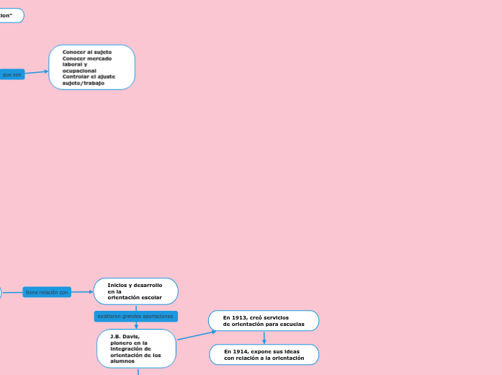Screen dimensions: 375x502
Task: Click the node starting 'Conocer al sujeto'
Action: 91,67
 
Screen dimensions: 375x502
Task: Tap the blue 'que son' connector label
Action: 12,74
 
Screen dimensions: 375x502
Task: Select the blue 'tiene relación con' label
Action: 47,292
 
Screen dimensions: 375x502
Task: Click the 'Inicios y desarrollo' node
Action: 135,291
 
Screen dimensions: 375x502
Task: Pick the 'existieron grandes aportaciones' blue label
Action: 135,317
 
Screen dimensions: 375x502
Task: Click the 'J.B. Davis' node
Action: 136,348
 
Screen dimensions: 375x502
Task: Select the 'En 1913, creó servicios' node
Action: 264,321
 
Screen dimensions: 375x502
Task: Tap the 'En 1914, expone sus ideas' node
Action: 264,355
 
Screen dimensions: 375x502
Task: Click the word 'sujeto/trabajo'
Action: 83,83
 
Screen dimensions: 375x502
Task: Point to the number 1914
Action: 241,351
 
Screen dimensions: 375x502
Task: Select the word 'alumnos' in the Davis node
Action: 122,361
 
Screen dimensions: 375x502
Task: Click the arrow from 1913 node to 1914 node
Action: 264,337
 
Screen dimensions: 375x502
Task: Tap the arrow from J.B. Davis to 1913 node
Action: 196,335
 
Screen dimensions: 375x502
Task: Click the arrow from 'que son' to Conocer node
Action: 37,72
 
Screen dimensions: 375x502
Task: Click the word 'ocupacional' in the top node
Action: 79,71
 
